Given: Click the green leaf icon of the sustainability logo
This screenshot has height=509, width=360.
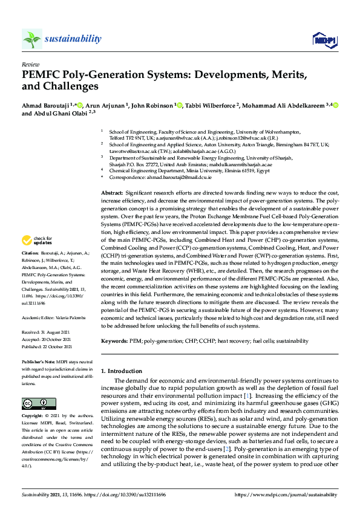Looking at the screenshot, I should pos(31,39).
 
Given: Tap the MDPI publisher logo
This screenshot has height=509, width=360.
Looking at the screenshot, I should pos(324,40).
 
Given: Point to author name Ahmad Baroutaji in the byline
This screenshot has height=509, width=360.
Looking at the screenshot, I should pos(47,105).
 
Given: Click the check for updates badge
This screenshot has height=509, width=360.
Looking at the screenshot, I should pos(36,241).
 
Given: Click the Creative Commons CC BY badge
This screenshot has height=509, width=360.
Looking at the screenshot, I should pos(35,403).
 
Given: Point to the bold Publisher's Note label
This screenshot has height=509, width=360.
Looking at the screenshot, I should pos(38,360).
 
